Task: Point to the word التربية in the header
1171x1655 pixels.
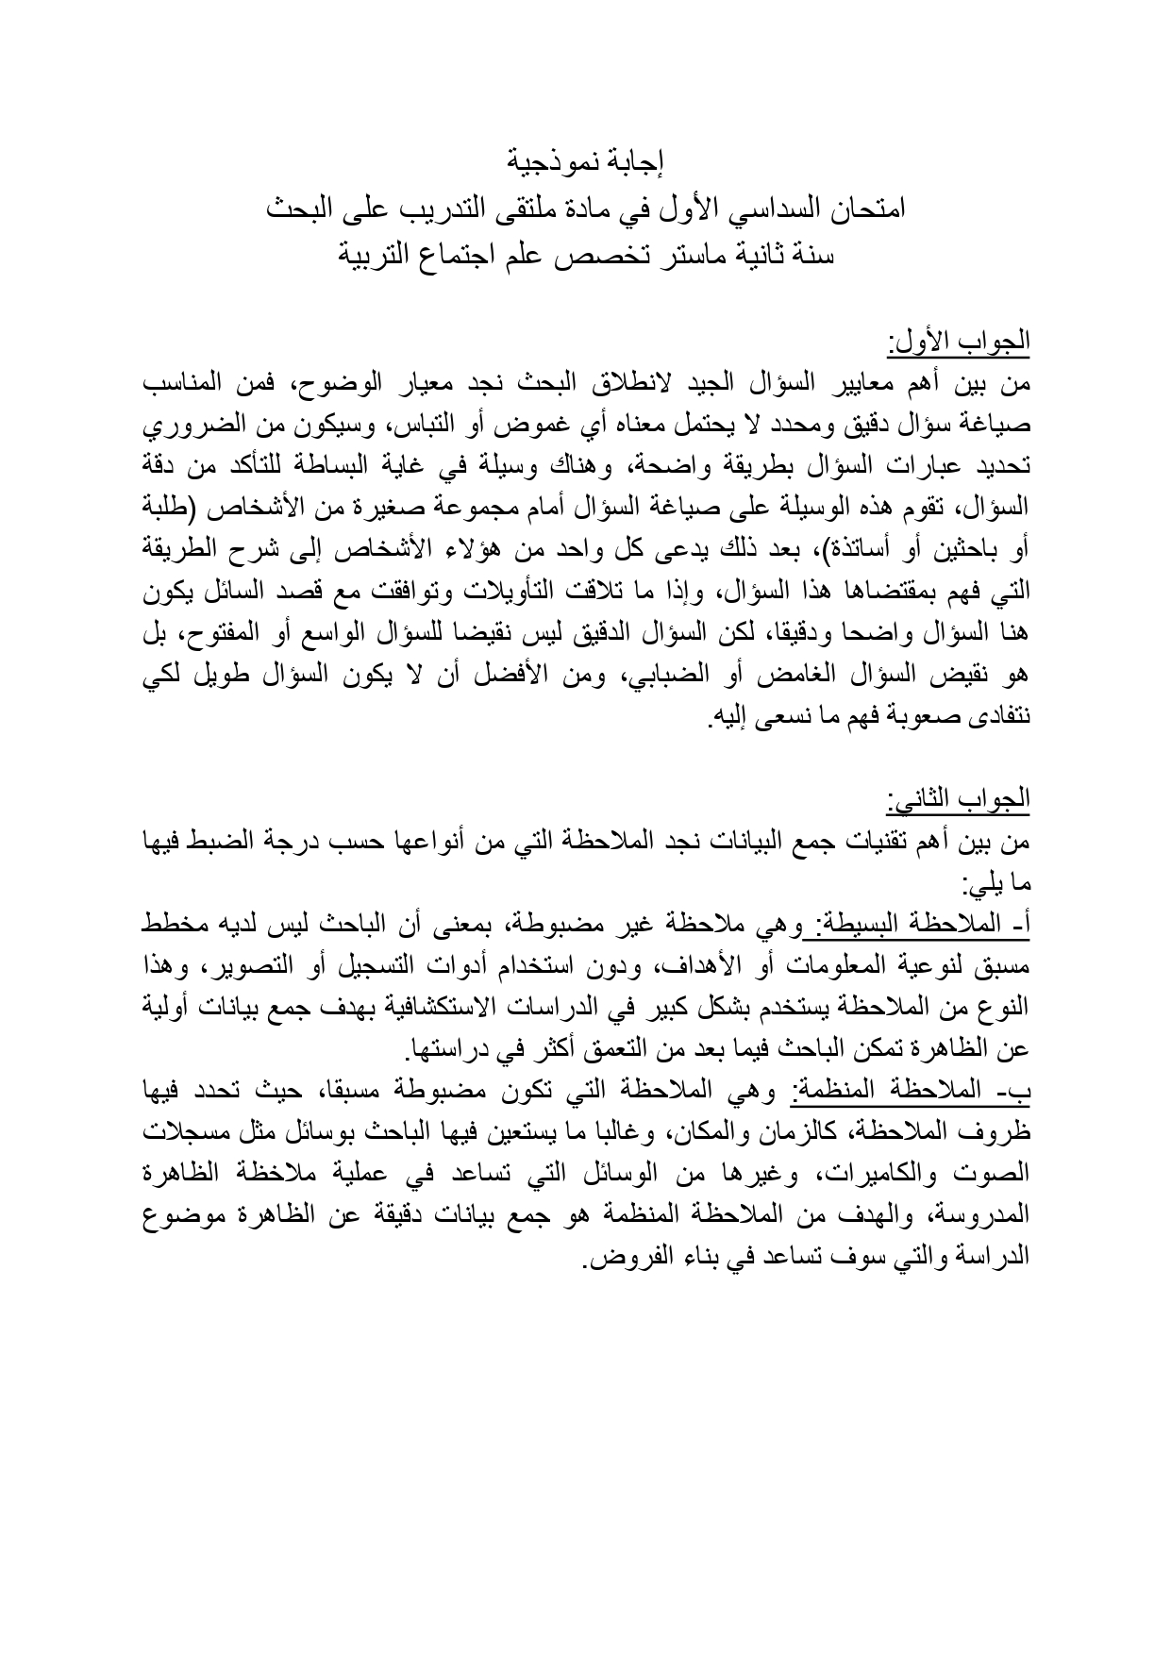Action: (x=381, y=257)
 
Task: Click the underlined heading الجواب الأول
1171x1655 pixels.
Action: (x=958, y=341)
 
